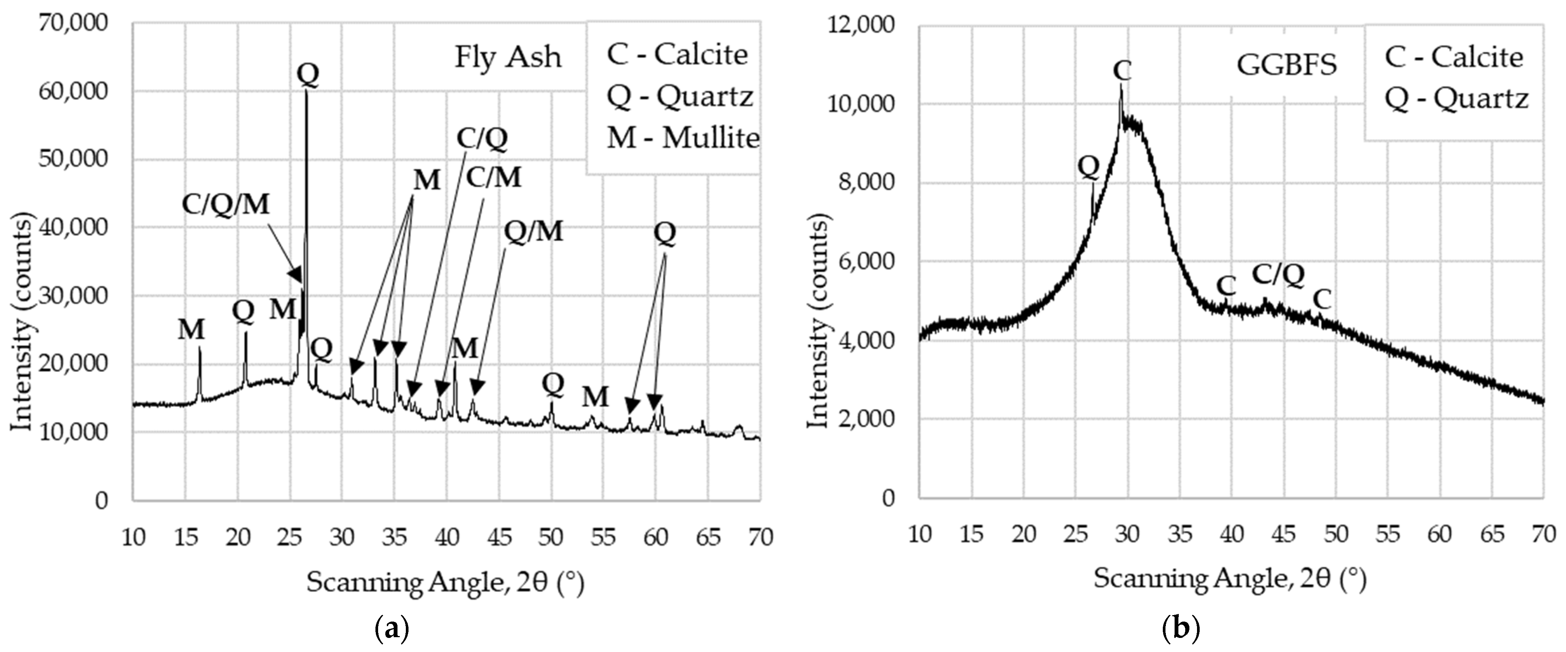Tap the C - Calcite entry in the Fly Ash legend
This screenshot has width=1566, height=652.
677,55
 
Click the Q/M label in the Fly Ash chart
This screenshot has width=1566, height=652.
533,232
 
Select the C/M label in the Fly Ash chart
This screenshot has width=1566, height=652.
494,178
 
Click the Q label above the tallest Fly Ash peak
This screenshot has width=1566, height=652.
307,75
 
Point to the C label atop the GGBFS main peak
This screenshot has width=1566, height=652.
1122,71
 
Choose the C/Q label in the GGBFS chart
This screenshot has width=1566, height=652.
1278,275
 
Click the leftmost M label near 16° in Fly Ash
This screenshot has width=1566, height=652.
192,330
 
